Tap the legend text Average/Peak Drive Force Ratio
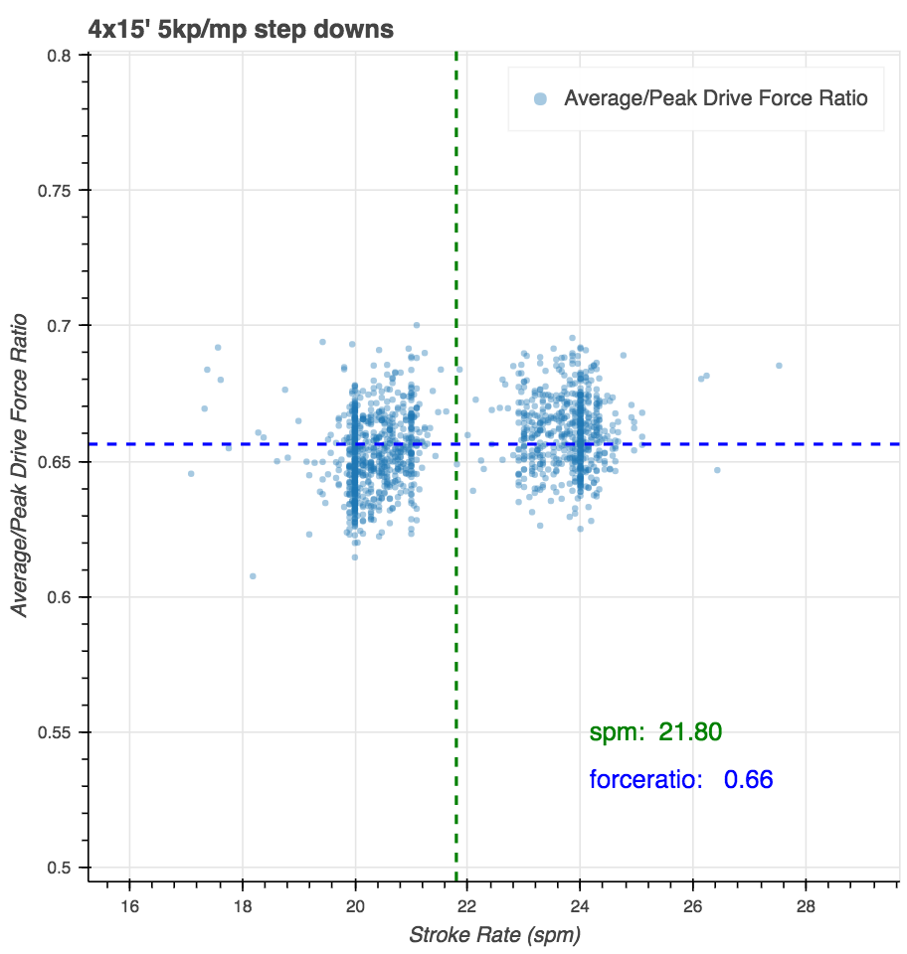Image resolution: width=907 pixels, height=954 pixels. [715, 98]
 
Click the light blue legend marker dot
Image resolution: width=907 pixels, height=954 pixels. [540, 98]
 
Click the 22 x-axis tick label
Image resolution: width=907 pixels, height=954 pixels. [467, 905]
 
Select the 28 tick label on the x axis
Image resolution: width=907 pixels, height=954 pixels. [805, 905]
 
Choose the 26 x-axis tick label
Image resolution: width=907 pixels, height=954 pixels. [692, 905]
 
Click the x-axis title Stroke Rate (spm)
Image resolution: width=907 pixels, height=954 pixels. [494, 935]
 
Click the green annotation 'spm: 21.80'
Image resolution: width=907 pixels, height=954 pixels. [655, 733]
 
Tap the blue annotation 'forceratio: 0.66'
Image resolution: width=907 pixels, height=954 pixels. [681, 780]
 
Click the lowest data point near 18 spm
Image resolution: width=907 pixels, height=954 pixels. [253, 576]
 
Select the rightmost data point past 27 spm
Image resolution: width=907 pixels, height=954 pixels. [779, 366]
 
